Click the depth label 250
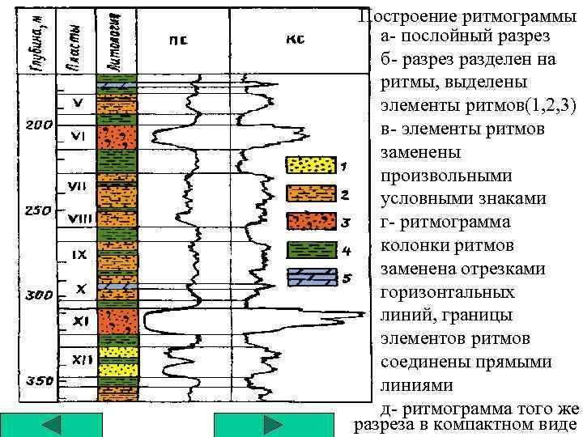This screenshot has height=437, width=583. [40, 210]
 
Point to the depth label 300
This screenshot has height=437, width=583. [40, 296]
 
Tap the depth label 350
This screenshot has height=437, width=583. [40, 380]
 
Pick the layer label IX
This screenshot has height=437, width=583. [79, 254]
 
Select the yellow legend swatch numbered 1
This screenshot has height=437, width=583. [310, 165]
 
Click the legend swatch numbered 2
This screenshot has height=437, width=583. [310, 193]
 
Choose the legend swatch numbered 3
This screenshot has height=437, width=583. [310, 221]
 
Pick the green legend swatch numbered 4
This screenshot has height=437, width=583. [310, 249]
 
